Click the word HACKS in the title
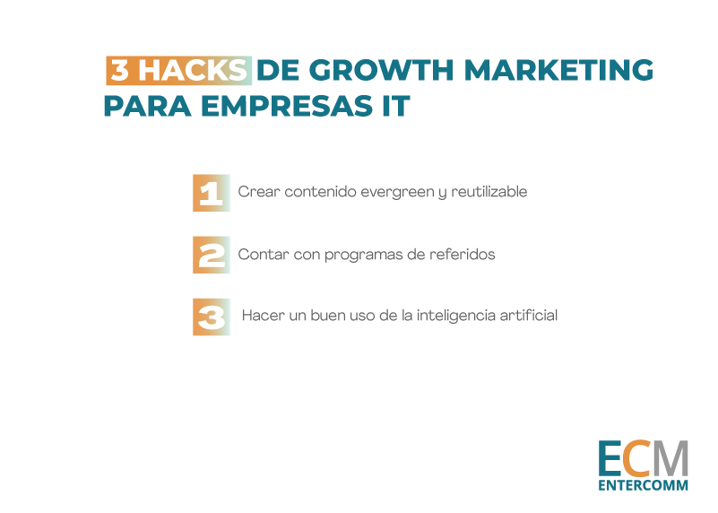(x=193, y=71)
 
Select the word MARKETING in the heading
(x=558, y=71)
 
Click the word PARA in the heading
(x=147, y=106)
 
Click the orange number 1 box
(x=211, y=193)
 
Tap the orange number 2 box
(x=211, y=255)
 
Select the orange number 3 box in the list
(x=211, y=317)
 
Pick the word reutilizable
(x=489, y=191)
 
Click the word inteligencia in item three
(x=455, y=316)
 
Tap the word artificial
(x=529, y=315)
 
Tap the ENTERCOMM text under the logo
(x=643, y=485)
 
